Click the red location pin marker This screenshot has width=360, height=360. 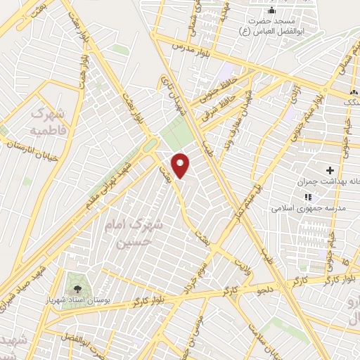(181, 165)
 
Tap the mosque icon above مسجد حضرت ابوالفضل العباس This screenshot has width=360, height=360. (271, 12)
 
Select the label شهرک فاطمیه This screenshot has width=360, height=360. (47, 122)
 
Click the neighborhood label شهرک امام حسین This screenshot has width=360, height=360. (134, 234)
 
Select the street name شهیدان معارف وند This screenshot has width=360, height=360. (239, 112)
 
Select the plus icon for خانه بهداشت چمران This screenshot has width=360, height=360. (330, 171)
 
